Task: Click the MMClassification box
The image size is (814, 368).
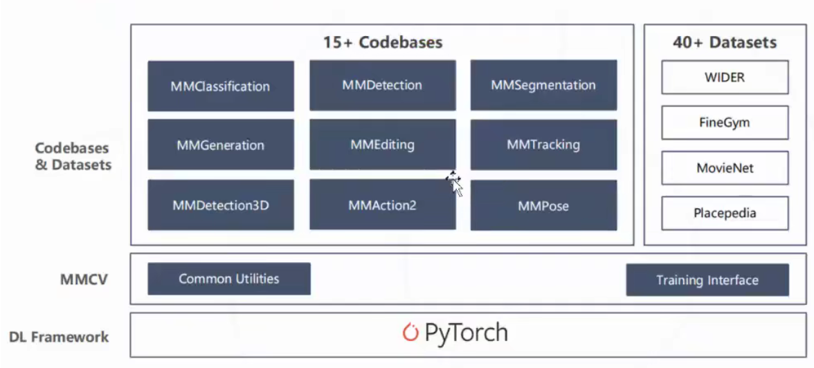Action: tap(221, 86)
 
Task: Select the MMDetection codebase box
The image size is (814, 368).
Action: tap(382, 85)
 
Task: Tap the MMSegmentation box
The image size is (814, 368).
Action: tap(543, 85)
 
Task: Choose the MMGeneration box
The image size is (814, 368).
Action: tap(221, 145)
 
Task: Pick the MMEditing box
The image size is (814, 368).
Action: tap(382, 145)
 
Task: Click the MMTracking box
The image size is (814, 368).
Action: tap(543, 145)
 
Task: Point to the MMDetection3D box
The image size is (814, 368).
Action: tap(221, 205)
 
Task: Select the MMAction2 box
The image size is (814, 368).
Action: tap(382, 205)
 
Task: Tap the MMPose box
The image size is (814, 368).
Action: tap(543, 205)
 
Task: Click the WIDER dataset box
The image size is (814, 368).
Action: tap(725, 77)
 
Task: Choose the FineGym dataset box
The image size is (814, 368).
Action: tap(725, 123)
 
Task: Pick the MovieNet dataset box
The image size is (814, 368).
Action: tap(725, 168)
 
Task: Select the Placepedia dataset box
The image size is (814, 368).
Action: tap(725, 213)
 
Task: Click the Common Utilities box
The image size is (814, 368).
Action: tap(229, 279)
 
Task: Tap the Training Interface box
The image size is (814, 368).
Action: tap(707, 280)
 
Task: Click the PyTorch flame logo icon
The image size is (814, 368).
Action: tap(410, 333)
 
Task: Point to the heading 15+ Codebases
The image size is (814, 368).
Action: tap(382, 42)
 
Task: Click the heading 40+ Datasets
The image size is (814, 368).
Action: tap(725, 42)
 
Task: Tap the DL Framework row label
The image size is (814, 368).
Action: tap(59, 338)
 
